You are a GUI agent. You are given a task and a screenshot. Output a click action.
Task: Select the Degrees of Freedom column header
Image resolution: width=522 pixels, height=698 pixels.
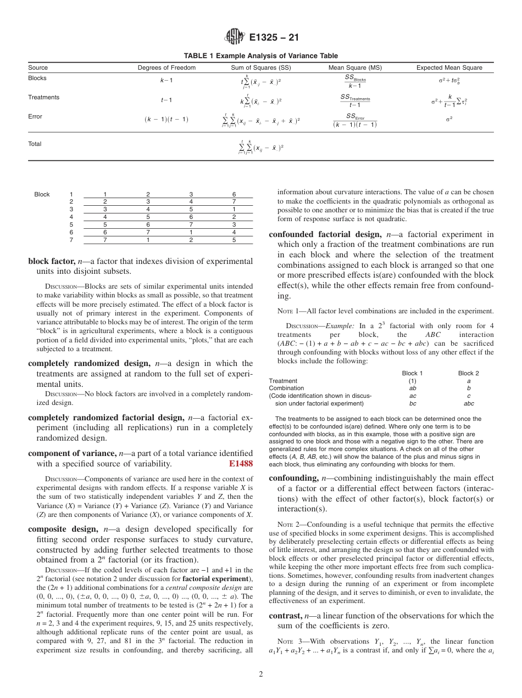166,67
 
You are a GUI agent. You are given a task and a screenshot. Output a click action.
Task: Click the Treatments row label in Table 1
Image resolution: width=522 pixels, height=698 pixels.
43,97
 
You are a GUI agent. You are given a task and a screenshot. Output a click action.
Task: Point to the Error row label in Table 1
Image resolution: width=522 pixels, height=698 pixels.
35,116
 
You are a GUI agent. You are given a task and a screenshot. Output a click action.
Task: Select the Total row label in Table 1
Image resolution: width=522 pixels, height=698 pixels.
35,144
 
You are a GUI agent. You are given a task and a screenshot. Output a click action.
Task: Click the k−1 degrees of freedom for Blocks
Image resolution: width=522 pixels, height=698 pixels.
166,80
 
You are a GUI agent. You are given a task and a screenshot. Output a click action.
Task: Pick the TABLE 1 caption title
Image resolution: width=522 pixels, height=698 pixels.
260,56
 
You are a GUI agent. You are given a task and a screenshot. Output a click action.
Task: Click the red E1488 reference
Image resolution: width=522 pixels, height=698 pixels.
240,464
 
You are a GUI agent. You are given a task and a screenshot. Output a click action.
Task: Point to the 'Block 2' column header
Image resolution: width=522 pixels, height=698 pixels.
468,373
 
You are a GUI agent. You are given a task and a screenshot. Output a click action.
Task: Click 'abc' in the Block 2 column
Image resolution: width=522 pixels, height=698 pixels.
468,403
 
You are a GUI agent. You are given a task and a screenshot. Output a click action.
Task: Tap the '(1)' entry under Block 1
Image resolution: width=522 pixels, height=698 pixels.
412,381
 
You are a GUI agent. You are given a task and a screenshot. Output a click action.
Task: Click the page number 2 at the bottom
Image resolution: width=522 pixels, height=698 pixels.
261,674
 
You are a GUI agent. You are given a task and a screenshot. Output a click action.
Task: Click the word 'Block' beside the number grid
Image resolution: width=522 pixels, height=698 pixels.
42,194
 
